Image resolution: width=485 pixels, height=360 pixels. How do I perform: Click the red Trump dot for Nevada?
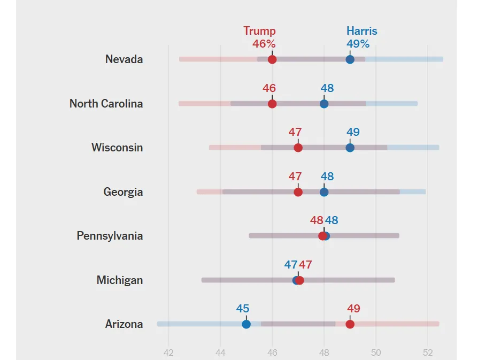click(272, 59)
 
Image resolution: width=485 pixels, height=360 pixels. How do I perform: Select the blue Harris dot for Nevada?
click(350, 59)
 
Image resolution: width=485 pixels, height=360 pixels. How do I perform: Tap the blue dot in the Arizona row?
click(246, 324)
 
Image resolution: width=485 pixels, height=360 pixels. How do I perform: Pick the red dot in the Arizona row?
click(350, 324)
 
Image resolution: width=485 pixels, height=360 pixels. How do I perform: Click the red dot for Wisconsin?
click(298, 148)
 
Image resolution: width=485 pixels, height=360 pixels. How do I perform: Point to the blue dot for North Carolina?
click(324, 104)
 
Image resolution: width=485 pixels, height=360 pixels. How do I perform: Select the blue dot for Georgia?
click(324, 192)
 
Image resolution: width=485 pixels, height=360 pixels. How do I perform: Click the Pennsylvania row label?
click(110, 236)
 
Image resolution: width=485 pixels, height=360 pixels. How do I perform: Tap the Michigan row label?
click(119, 280)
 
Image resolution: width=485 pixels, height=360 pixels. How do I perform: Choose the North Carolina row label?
click(106, 104)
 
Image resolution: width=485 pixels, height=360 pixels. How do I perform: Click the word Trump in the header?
click(259, 31)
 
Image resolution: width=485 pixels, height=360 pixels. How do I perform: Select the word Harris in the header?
click(361, 31)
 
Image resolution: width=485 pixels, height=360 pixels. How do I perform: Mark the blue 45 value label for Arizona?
click(243, 309)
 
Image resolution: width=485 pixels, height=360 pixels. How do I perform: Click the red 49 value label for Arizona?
click(353, 309)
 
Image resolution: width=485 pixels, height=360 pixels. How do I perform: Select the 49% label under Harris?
click(358, 44)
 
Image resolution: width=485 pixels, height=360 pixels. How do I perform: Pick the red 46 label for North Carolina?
click(269, 88)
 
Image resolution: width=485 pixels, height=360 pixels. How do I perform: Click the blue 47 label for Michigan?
click(290, 265)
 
